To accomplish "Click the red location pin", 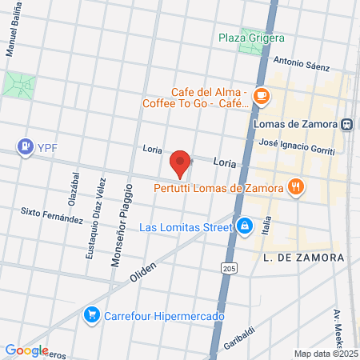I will pos(181,163).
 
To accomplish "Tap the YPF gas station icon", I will pos(26,147).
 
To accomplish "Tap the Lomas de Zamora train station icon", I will pos(348,124).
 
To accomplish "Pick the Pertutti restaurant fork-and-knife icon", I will pos(296,188).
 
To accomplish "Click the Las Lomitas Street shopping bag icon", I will pos(244,226).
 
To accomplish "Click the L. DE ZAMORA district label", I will pos(303,258).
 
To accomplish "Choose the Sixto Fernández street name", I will pos(52,214).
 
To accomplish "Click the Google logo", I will pos(26,350).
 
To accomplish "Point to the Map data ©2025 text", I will pos(326,354).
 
